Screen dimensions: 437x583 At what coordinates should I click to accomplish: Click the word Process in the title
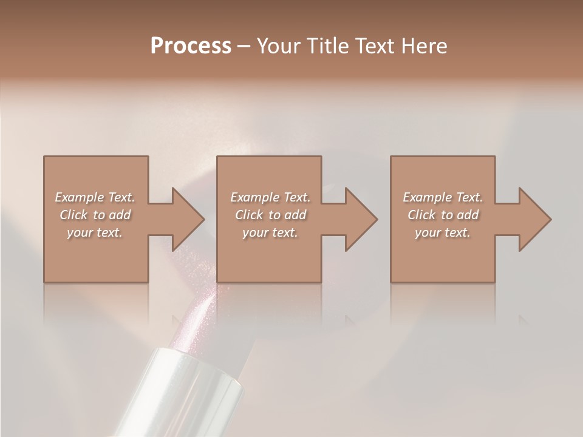coord(191,46)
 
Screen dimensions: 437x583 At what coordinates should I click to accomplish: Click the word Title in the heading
coord(324,46)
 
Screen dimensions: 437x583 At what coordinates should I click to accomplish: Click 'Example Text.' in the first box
coord(95,197)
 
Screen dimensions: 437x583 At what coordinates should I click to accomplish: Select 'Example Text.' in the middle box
coord(270,197)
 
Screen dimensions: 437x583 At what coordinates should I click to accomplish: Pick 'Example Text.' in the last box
coord(443,197)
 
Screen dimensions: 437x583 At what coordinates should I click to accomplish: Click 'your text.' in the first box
coord(95,232)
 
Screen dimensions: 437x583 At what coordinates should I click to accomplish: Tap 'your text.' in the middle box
coord(270,232)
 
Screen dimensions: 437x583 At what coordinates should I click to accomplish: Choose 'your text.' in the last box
coord(443,232)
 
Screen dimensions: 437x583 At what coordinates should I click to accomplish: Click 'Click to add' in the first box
coord(95,215)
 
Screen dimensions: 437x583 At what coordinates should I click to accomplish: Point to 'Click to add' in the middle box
coord(270,215)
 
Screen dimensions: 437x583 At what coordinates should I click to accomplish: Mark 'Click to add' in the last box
coord(443,215)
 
